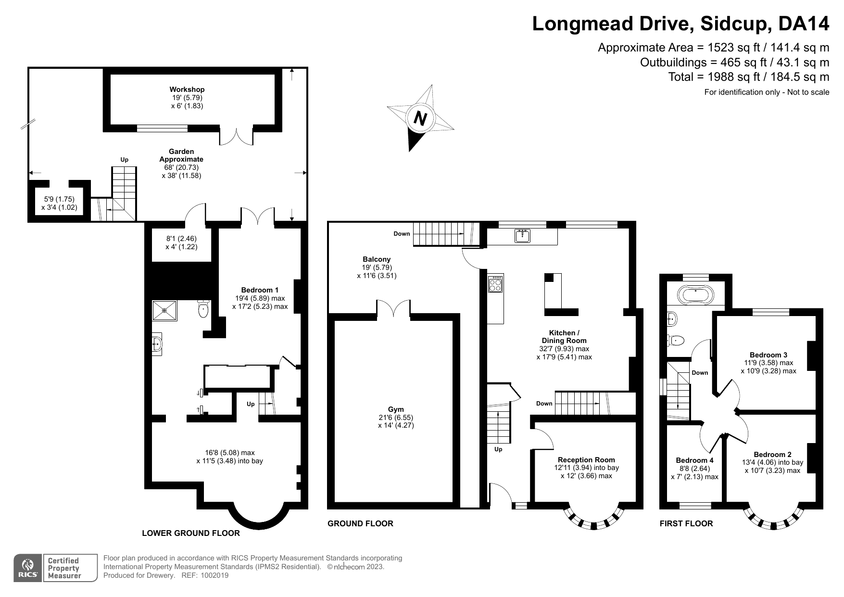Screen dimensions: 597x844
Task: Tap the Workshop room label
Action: (x=187, y=89)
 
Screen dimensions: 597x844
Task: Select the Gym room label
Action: (x=396, y=409)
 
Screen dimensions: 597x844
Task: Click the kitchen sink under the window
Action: (x=522, y=236)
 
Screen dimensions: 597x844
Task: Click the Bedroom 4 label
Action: (x=694, y=460)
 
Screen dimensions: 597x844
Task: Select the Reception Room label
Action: (x=586, y=460)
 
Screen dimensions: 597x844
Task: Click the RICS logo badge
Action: (x=28, y=568)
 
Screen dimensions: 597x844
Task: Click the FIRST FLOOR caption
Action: (x=686, y=523)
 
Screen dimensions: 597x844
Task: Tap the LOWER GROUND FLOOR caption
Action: (x=191, y=533)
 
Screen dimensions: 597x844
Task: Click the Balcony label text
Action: (x=377, y=259)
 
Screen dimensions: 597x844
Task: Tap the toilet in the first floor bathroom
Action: (x=676, y=340)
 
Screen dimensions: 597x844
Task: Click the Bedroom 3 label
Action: (x=768, y=355)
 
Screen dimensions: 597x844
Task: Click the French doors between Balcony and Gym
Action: (x=393, y=309)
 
